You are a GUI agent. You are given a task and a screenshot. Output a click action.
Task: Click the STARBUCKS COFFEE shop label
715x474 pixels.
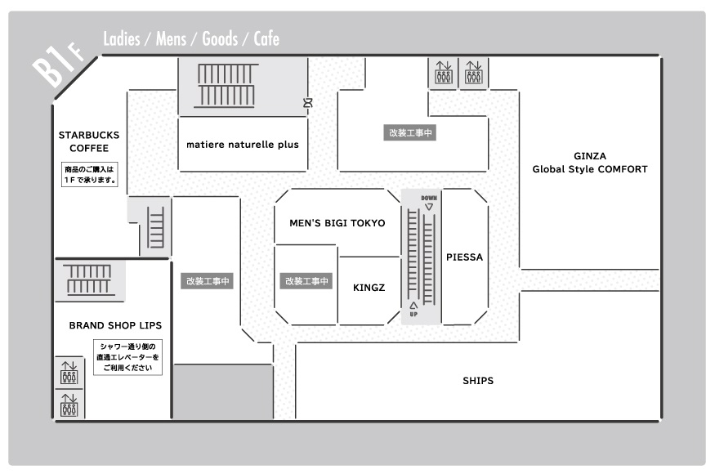coord(89,141)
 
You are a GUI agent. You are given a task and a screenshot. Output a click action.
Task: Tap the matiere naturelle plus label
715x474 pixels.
coord(243,145)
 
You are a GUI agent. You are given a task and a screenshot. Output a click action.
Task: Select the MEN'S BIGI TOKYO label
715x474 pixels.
coord(337,223)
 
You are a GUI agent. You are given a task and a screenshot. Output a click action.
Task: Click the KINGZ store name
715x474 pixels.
coord(369,288)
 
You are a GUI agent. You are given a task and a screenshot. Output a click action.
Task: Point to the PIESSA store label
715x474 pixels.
coord(464,257)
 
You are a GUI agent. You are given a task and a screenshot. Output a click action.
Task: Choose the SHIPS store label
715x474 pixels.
coord(478,381)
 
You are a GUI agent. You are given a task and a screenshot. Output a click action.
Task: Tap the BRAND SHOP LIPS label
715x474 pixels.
coord(115,325)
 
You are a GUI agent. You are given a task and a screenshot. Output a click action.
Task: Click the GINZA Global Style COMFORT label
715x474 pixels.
coord(590,163)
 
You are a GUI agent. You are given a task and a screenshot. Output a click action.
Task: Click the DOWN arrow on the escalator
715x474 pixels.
coord(429,207)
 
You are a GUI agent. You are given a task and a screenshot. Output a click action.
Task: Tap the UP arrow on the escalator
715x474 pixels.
coord(413,305)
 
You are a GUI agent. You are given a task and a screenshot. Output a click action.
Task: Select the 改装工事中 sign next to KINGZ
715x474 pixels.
coord(306,281)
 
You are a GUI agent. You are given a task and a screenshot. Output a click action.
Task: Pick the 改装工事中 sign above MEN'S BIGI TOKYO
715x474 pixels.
coord(410,132)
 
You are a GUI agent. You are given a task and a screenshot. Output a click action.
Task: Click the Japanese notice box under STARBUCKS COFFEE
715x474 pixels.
coord(90,175)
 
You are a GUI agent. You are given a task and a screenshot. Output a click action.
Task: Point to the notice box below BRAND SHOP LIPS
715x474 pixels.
coord(127,357)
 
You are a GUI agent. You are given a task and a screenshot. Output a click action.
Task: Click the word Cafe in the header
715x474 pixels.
coord(266,38)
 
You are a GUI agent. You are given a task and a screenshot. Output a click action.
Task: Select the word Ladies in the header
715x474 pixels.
coord(121,38)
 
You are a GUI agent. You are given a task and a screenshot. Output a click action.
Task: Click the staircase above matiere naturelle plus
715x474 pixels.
coord(226,86)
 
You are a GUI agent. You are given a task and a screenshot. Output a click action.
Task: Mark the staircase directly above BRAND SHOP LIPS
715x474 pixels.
coord(89,279)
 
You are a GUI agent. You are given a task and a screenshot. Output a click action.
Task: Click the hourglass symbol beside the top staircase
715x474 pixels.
coord(308,103)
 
